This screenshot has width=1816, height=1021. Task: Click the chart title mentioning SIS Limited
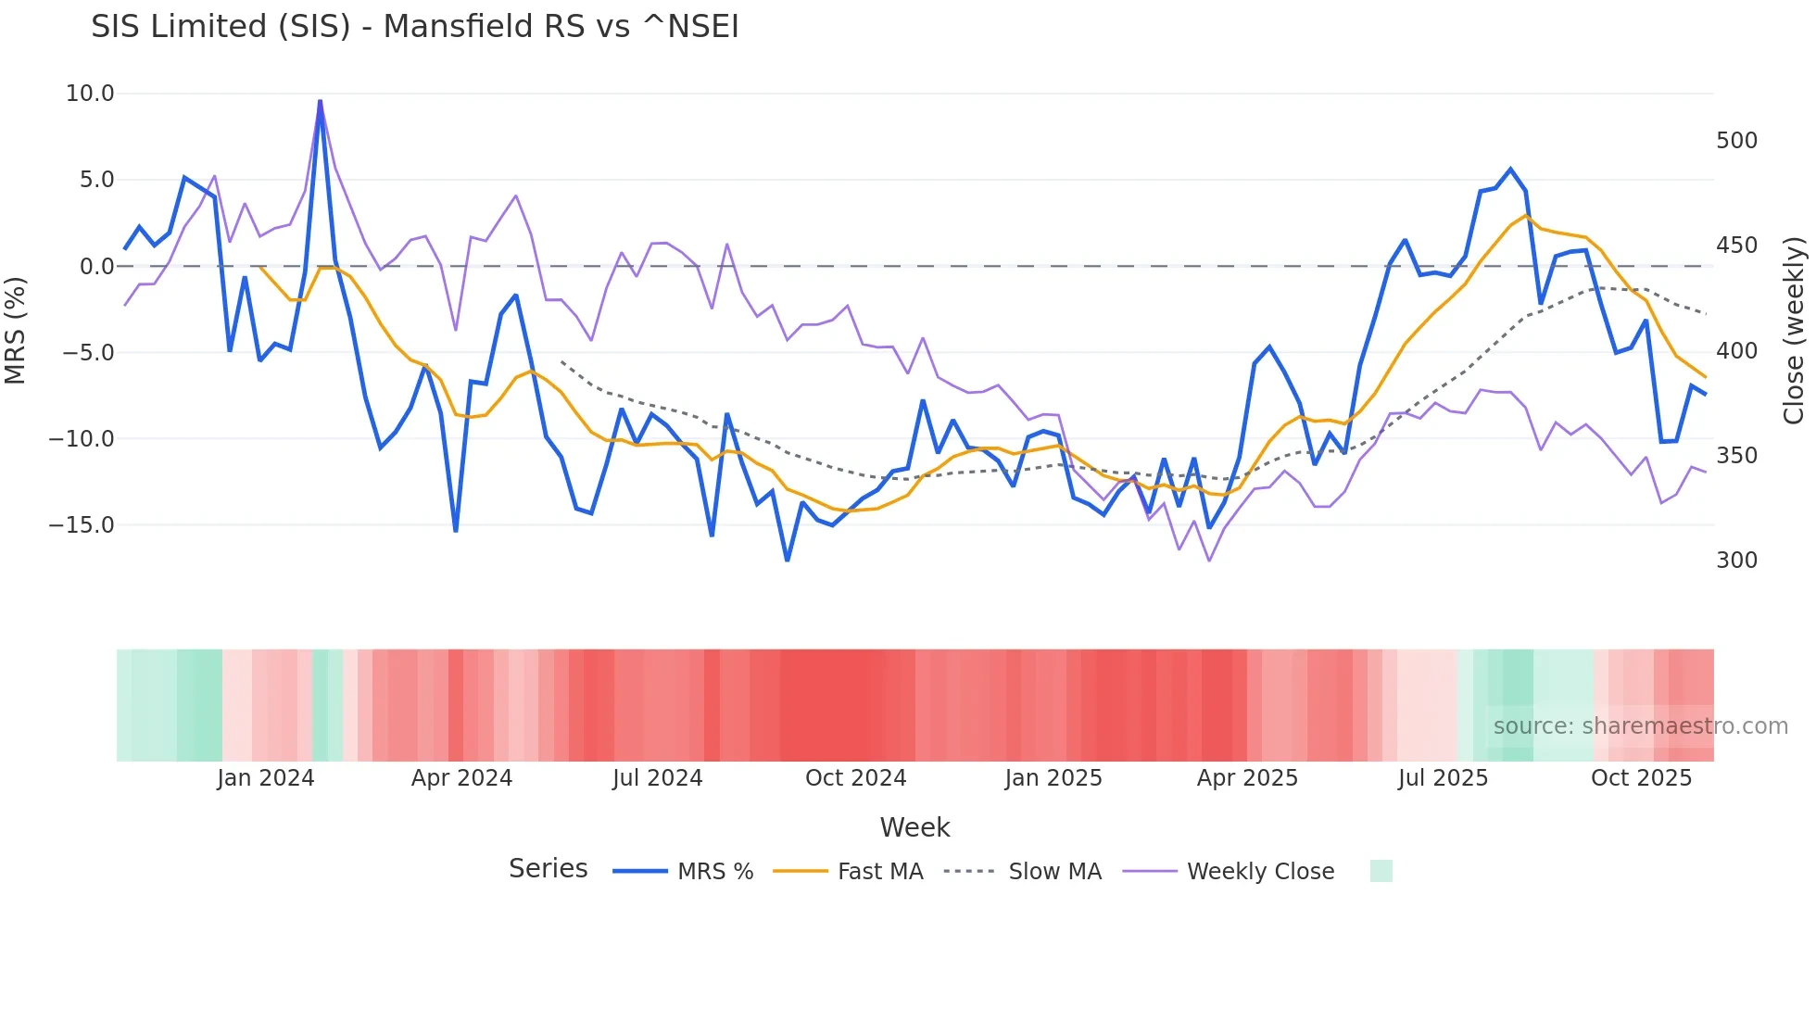point(414,27)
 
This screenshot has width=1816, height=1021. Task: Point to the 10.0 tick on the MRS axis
point(90,94)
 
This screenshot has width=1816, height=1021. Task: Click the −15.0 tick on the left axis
point(82,525)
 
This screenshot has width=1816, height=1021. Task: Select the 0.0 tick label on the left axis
point(96,267)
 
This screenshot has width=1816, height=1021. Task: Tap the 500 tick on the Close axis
point(1736,141)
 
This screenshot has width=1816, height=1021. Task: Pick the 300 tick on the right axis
point(1736,561)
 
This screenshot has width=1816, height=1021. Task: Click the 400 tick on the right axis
point(1736,351)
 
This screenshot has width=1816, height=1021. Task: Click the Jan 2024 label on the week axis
point(266,778)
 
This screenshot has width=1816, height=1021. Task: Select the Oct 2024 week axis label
point(855,778)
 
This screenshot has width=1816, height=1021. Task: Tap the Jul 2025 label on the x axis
point(1443,778)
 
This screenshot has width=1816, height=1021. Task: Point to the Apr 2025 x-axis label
point(1247,778)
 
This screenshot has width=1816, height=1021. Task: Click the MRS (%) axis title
point(16,331)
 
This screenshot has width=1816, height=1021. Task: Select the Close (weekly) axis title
point(1795,331)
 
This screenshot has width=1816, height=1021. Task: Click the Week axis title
point(914,827)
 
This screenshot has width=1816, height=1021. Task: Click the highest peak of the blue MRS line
point(321,101)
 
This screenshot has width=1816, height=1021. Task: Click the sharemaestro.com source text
point(1640,726)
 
